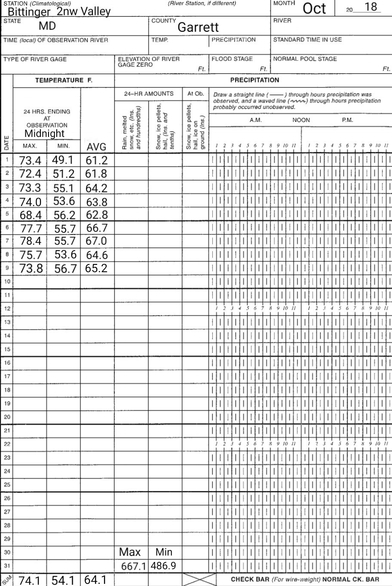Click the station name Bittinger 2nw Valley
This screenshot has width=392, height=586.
pos(59,12)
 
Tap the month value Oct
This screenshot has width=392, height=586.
pos(315,9)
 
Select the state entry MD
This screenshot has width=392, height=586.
pos(47,26)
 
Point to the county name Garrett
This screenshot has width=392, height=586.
pos(198,27)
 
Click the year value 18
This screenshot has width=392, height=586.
pos(370,7)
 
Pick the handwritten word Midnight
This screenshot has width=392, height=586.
pos(44,134)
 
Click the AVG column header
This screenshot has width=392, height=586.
pos(96,147)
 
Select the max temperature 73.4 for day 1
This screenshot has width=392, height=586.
pos(30,161)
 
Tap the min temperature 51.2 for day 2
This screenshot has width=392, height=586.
pos(64,174)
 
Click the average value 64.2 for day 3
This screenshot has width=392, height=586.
pos(96,188)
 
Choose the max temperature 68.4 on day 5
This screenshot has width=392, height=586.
pos(30,214)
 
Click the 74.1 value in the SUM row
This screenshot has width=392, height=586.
pos(30,580)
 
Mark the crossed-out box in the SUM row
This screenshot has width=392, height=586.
pos(199,580)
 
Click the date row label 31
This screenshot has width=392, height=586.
pos(7,565)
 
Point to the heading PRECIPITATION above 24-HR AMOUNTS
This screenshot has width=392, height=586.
pos(254,80)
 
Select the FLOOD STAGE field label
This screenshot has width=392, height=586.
pos(232,59)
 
